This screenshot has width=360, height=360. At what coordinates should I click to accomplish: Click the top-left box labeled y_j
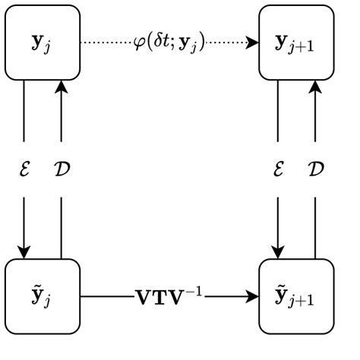43,42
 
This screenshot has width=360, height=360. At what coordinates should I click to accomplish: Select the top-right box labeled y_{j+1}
296,42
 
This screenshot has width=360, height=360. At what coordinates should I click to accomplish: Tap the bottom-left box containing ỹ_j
43,296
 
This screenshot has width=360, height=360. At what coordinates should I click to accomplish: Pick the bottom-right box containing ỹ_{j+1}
296,296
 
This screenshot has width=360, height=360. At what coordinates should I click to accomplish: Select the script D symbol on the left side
62,169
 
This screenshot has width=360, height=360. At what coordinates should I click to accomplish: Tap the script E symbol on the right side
277,169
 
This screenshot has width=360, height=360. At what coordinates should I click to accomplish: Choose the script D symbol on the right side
315,169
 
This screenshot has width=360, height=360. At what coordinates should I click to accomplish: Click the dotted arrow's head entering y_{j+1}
253,43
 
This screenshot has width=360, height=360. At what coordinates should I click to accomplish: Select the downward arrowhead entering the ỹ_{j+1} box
277,253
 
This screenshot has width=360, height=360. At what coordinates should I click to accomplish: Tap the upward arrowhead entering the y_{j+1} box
314,85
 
